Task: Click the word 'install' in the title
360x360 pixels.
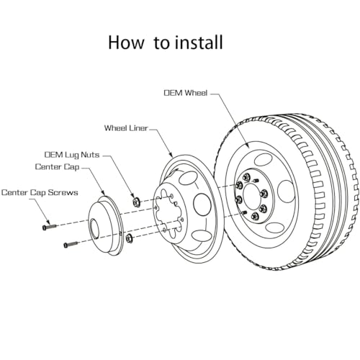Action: [199, 42]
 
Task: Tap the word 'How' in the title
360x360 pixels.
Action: [126, 42]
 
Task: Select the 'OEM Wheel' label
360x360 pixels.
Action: [185, 93]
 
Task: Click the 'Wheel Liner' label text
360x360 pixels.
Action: [126, 128]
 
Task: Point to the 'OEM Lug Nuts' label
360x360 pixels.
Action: [72, 155]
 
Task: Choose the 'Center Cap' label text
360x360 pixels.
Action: [57, 167]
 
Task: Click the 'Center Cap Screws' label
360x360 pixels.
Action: [40, 192]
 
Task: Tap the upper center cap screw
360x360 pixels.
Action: [49, 227]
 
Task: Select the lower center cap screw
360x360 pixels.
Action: [71, 244]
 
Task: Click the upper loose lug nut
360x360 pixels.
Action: [137, 201]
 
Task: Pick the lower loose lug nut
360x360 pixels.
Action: [129, 238]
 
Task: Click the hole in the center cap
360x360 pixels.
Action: [95, 229]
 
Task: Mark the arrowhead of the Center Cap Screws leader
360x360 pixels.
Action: [48, 222]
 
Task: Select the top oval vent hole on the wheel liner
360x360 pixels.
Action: [188, 178]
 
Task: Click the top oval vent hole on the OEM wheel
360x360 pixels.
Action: [263, 160]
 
